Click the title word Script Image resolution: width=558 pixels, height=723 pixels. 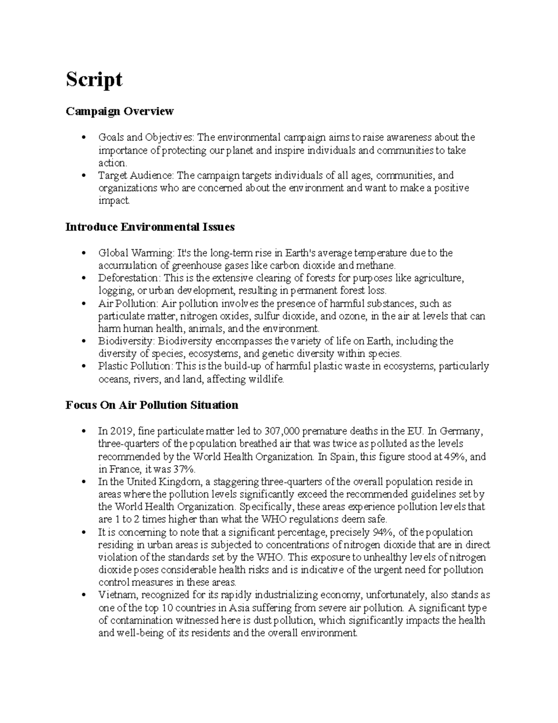(94, 80)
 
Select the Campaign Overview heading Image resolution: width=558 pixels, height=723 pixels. (120, 111)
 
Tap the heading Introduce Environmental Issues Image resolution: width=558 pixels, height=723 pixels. (150, 227)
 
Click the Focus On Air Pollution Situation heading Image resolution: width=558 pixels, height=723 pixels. (152, 405)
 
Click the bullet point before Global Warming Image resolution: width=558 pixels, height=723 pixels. (83, 254)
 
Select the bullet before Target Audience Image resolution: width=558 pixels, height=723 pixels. (83, 176)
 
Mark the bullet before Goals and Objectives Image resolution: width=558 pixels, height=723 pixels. (83, 138)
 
